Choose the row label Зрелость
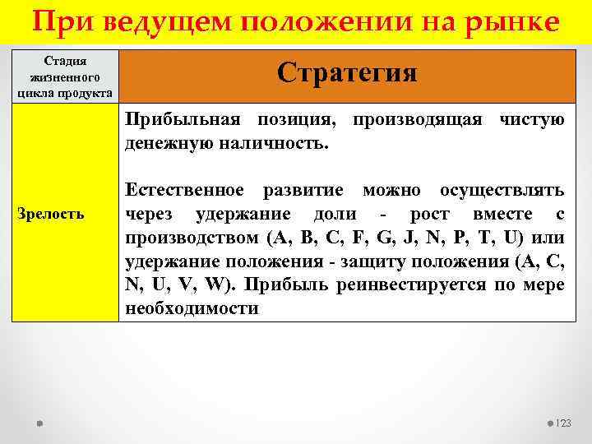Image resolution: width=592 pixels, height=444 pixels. [51, 214]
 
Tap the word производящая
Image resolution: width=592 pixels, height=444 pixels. [418, 120]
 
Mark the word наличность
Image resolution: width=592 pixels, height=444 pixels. [278, 144]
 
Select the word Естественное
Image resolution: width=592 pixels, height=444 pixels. [184, 191]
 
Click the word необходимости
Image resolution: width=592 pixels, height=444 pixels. [191, 309]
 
